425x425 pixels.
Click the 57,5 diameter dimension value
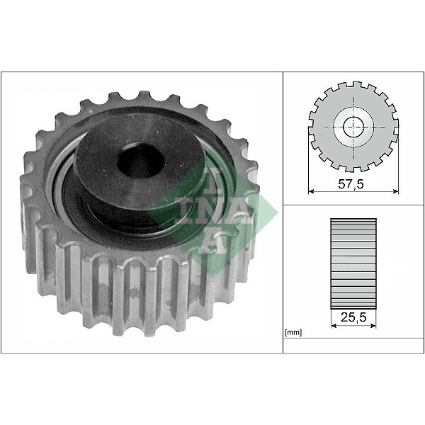pyautogui.click(x=351, y=184)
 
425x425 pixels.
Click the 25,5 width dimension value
pyautogui.click(x=353, y=317)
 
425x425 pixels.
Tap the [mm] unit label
pyautogui.click(x=293, y=332)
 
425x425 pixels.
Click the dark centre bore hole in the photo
pyautogui.click(x=141, y=161)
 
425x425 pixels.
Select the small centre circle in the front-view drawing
pyautogui.click(x=353, y=127)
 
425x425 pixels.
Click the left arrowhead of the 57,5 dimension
pyautogui.click(x=311, y=191)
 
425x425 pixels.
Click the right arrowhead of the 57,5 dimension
pyautogui.click(x=396, y=191)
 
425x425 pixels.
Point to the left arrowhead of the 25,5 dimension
pyautogui.click(x=334, y=325)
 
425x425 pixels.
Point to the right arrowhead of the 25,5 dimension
pyautogui.click(x=373, y=325)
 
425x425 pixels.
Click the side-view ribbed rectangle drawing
pyautogui.click(x=353, y=263)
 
